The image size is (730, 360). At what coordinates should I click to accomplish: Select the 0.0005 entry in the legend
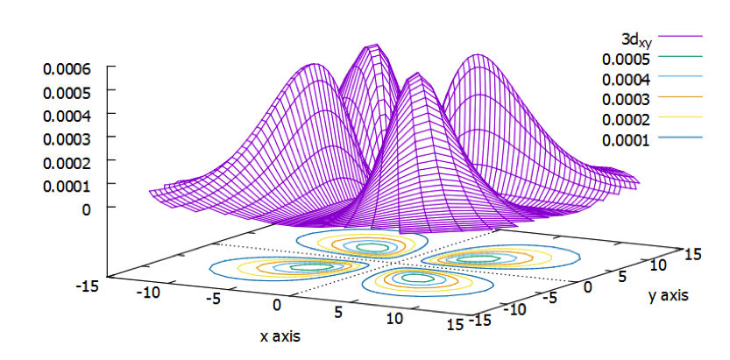(x=624, y=60)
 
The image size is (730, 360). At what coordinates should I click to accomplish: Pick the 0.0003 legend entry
(x=624, y=99)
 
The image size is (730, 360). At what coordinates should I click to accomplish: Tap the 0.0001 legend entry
(x=624, y=139)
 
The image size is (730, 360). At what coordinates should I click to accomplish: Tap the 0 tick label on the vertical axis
(x=87, y=209)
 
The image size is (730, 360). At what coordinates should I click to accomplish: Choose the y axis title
(x=668, y=296)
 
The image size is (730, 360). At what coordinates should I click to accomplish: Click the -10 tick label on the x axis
(x=151, y=293)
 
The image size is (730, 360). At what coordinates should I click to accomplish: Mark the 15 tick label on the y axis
(x=692, y=254)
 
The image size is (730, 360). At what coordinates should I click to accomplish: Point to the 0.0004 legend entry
(x=624, y=80)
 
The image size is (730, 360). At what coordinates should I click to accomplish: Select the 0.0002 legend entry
(x=624, y=119)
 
